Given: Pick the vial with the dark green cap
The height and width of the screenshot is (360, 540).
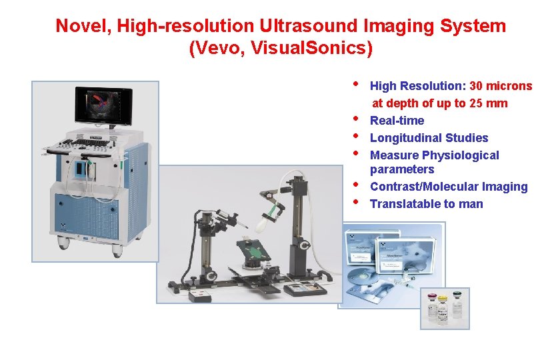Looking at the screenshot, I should pos(458,307).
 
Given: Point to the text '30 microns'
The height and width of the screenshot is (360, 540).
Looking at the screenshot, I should pos(501,86).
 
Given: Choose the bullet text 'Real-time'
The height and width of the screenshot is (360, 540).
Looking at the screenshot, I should pos(397,121).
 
